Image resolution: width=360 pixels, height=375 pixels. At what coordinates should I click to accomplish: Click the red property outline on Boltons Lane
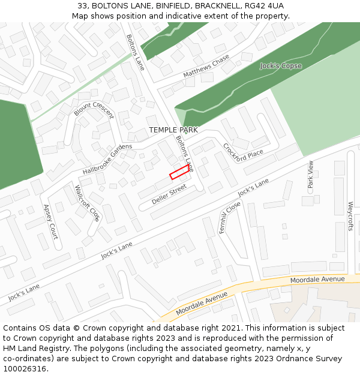[179, 172]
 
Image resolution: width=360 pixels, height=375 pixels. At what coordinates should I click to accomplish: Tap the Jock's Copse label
[281, 66]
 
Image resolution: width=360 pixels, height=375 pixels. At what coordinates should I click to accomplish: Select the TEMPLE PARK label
[173, 130]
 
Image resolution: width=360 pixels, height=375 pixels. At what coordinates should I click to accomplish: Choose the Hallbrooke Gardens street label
[108, 159]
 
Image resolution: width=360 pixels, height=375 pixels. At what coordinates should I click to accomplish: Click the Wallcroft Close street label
[87, 203]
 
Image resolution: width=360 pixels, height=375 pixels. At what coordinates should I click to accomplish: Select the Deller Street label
[169, 194]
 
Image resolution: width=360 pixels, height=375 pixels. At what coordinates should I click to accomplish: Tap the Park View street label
[310, 175]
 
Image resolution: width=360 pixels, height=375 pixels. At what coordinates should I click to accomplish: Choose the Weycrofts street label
[351, 216]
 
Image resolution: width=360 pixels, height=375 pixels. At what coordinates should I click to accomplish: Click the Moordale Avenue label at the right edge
[317, 280]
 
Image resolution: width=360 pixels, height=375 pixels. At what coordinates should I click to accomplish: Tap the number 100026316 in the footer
[25, 368]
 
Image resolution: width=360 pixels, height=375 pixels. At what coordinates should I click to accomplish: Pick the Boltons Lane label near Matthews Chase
[135, 52]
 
